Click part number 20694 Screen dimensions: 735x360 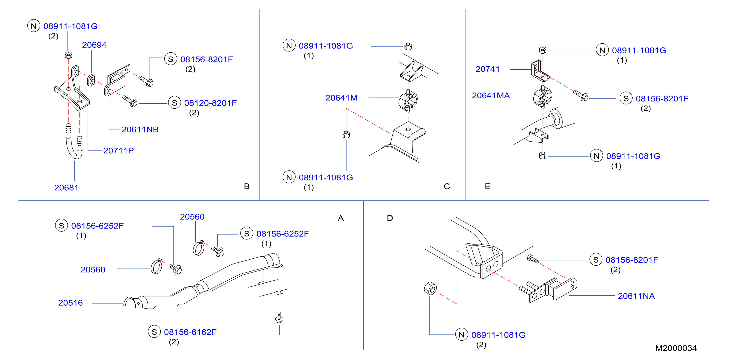(94, 45)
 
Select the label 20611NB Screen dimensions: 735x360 (140, 130)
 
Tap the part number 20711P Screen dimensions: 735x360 (118, 151)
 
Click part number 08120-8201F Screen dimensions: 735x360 (210, 103)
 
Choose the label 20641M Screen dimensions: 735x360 (341, 98)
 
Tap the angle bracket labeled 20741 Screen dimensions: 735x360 (540, 71)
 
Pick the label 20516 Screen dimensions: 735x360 (70, 303)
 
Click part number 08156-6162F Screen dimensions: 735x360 (190, 332)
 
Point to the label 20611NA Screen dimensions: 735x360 (636, 296)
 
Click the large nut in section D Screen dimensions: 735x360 (430, 288)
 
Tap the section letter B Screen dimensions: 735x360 (247, 186)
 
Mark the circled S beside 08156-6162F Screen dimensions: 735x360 (154, 332)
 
